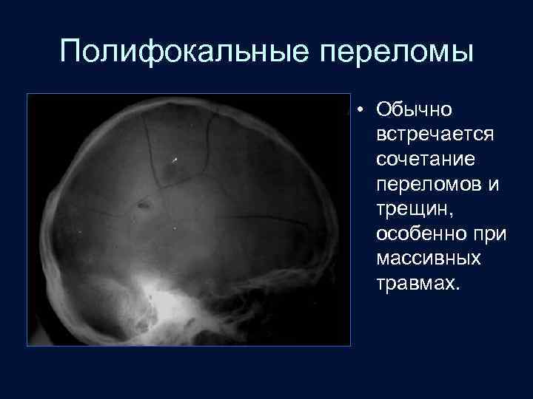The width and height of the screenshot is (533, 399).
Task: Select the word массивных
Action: coord(429,259)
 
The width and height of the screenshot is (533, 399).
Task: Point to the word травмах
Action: coord(415,284)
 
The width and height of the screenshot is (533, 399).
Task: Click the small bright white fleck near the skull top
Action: coord(175,159)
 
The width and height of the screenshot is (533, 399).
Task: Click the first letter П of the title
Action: coord(71,53)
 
